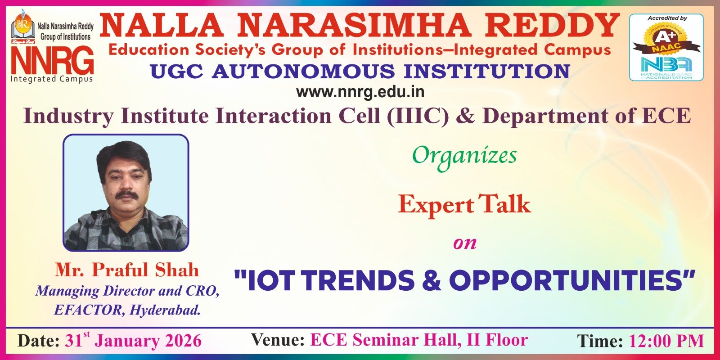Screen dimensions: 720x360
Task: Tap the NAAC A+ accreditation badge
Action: point(666,39)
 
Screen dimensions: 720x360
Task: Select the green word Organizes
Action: point(464,156)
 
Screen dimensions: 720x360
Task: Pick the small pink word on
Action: point(465,244)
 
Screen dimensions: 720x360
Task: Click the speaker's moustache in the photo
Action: point(126,194)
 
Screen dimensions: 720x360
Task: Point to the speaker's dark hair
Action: point(124,157)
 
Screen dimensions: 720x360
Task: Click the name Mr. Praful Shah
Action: point(126,270)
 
